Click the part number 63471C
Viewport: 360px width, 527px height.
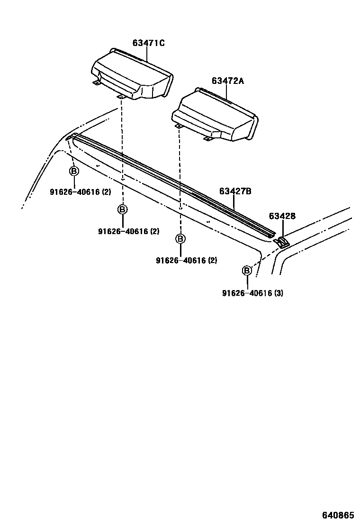(148, 43)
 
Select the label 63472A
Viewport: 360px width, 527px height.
(227, 81)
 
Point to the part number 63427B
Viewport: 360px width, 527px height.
(235, 191)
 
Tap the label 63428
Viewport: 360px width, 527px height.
(282, 216)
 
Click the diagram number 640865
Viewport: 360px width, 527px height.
(338, 515)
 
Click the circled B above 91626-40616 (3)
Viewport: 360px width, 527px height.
(247, 271)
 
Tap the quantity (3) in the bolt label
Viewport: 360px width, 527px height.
(279, 293)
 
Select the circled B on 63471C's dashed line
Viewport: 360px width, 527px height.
(122, 209)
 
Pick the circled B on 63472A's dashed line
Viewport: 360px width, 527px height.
(180, 238)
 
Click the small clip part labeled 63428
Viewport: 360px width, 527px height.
(281, 242)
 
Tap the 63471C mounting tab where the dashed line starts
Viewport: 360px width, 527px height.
(121, 97)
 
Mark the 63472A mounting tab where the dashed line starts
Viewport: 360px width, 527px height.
(179, 127)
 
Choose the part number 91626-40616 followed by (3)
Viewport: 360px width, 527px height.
(247, 293)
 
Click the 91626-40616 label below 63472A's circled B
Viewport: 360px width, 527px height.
(180, 260)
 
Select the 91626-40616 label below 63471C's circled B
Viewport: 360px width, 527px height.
(123, 231)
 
